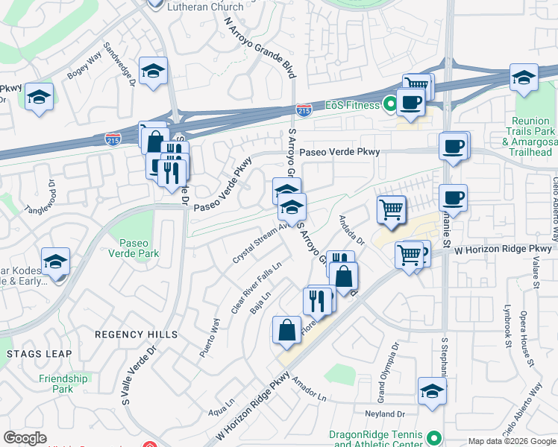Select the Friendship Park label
click(63, 384)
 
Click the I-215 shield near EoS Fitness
click(304, 110)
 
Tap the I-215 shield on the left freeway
click(113, 139)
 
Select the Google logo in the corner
click(25, 438)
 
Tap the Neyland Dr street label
click(385, 413)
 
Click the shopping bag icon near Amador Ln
click(287, 330)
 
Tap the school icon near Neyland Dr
click(432, 392)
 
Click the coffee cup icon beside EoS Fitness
click(410, 103)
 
